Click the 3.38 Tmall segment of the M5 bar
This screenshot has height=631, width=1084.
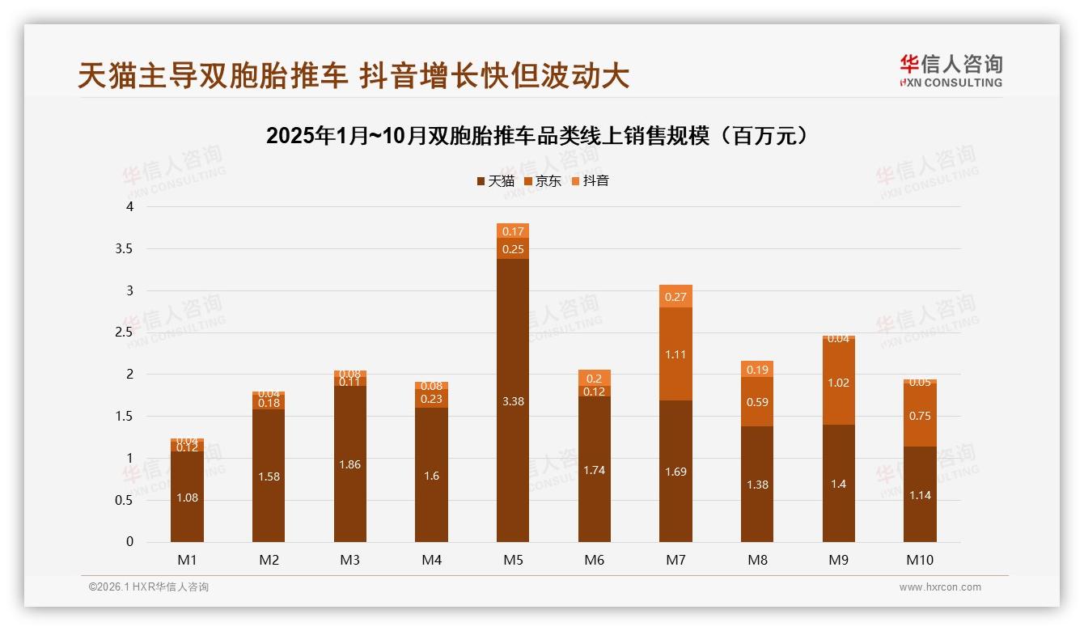513,400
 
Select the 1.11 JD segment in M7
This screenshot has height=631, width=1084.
675,354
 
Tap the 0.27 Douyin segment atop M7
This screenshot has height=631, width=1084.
675,297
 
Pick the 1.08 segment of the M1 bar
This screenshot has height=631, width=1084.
187,497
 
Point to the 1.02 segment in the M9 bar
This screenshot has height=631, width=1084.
839,383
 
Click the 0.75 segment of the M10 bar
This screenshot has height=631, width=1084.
920,416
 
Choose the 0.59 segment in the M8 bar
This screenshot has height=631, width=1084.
757,401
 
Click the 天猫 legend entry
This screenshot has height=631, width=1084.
496,181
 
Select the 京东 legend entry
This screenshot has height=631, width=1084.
543,181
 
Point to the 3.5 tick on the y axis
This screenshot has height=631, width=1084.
124,248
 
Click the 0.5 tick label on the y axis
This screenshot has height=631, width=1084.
124,500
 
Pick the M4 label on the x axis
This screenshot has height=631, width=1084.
431,560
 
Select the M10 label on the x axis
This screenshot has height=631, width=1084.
920,560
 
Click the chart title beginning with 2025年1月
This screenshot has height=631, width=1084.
537,136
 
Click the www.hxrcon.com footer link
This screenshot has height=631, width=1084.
940,587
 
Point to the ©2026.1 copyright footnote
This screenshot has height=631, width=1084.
149,587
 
